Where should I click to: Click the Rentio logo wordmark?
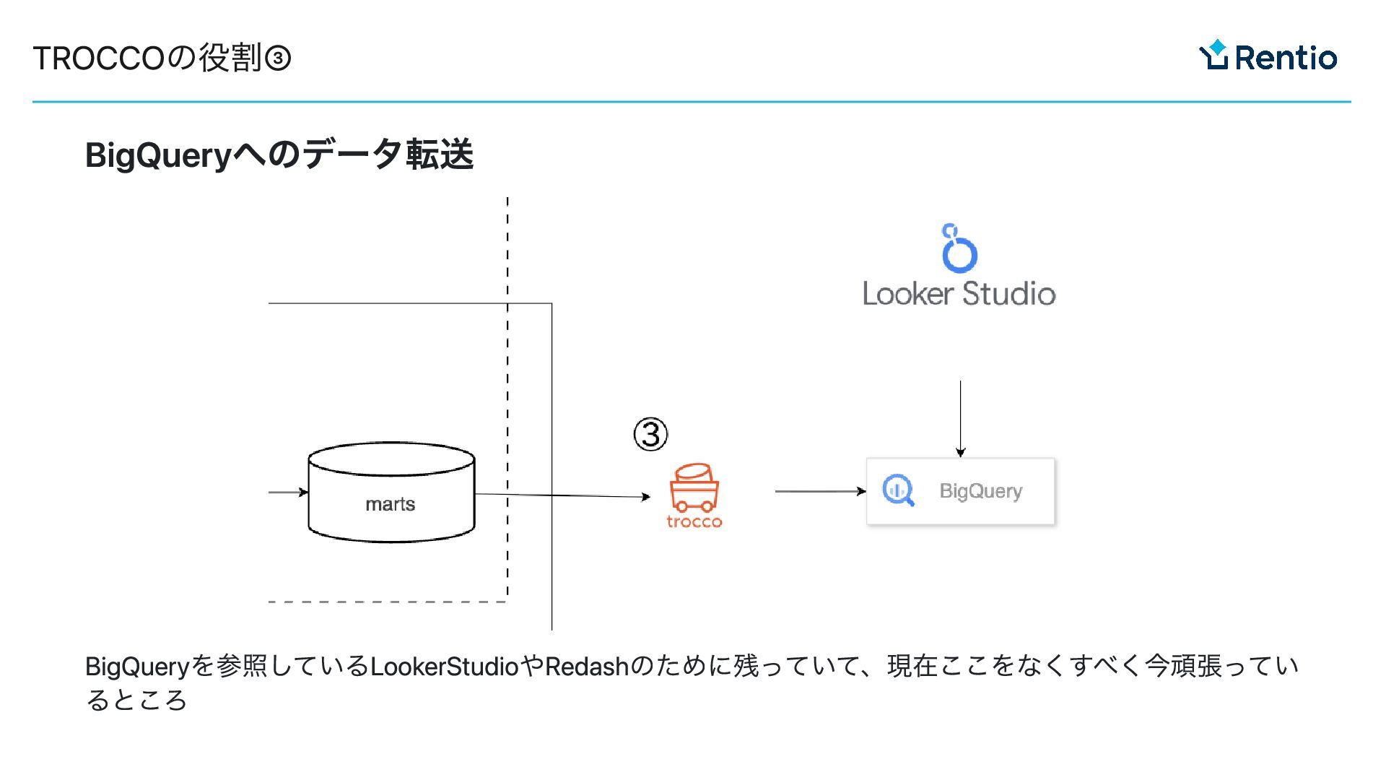tap(1285, 58)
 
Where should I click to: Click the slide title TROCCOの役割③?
tap(162, 58)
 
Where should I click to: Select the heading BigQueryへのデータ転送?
tap(279, 155)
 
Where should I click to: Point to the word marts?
tap(390, 504)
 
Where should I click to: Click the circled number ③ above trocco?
tap(650, 434)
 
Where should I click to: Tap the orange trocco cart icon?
tap(694, 487)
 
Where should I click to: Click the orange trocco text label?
tap(694, 521)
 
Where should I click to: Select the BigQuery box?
tap(960, 491)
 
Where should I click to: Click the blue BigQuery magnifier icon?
tap(898, 490)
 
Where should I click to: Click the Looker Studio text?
tap(959, 294)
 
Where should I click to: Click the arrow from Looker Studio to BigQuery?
tap(960, 419)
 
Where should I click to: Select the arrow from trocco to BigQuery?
tap(820, 491)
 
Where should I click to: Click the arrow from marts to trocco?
tap(563, 495)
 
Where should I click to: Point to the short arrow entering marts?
tap(288, 493)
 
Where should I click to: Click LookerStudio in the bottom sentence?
tap(445, 666)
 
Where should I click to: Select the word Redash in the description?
tap(587, 666)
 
